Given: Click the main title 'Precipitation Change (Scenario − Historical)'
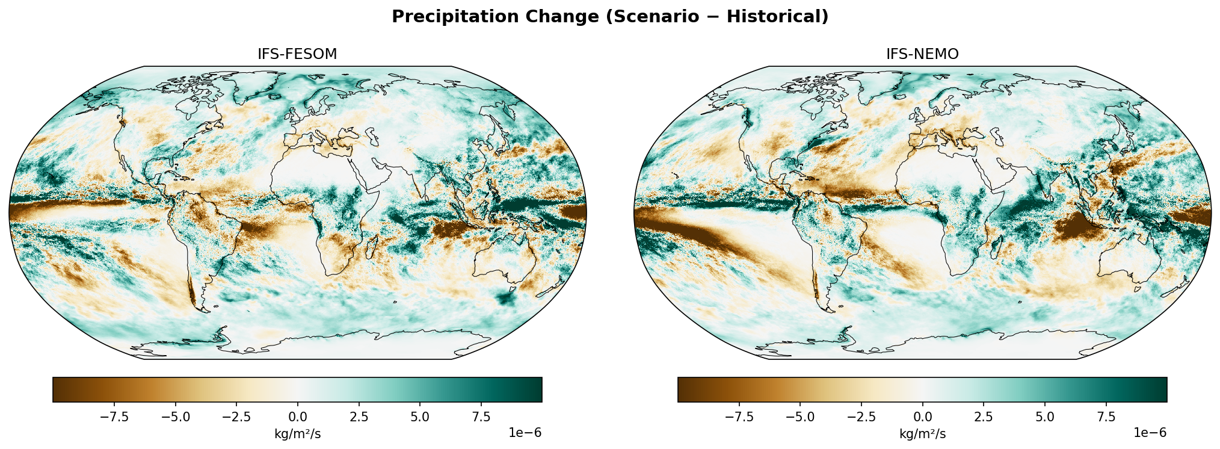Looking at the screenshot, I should pos(609,17).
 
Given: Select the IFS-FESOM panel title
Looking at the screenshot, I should pos(297,54).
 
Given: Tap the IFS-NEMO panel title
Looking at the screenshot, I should pos(922,54).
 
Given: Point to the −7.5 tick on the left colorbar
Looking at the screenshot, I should pos(114,417).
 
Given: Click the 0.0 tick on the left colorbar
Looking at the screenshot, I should pos(297,417).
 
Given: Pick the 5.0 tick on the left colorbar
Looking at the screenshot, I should pos(419,417).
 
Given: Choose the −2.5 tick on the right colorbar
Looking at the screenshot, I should pos(861,417).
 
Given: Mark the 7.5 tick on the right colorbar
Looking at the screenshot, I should pos(1106,417).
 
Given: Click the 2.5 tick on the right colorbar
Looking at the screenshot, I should pos(984,417).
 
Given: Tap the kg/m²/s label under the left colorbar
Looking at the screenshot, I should pos(297,434).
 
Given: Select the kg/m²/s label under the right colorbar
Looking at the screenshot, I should pos(922,434).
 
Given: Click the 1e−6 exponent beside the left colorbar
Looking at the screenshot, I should pos(525,433).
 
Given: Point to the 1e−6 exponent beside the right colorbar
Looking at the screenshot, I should pos(1150,433).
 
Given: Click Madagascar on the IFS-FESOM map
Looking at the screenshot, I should pos(372,246).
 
